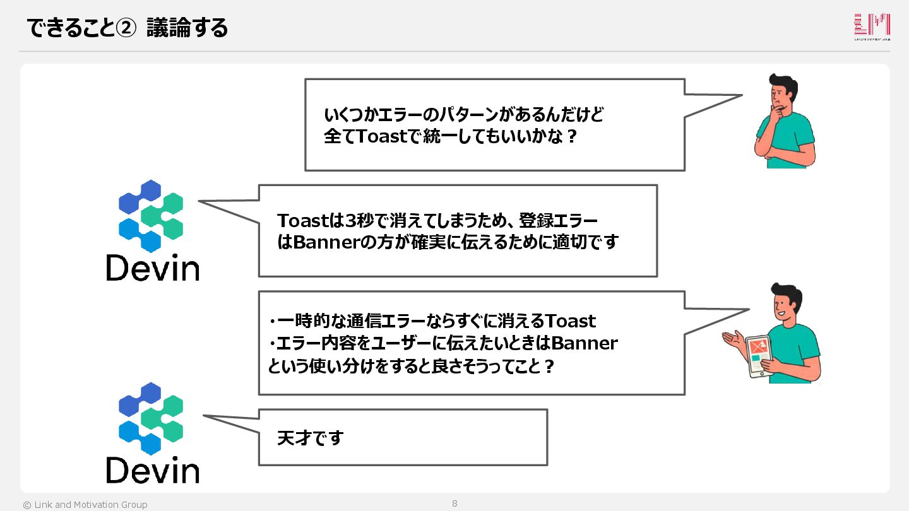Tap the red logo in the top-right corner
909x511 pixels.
[872, 26]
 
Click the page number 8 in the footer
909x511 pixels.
[454, 503]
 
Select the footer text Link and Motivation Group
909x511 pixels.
[90, 505]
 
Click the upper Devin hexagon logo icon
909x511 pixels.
[151, 216]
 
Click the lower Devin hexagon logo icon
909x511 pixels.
[151, 418]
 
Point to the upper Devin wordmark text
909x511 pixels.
[153, 267]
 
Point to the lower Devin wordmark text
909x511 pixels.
[153, 470]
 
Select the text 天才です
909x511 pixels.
[310, 438]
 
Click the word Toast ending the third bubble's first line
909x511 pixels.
[571, 321]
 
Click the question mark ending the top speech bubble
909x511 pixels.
[572, 136]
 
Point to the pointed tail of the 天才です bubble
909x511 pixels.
[208, 416]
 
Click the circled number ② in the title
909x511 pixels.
[126, 28]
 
